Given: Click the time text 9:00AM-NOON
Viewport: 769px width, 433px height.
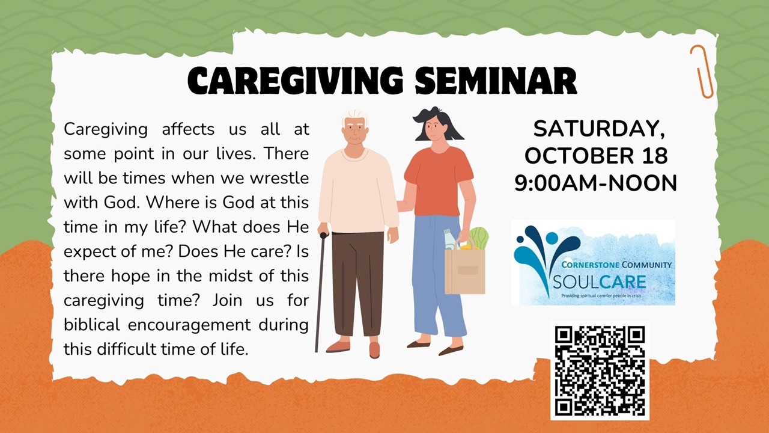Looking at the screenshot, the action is coord(595,183).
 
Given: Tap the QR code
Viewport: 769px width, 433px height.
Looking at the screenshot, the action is coord(600,370).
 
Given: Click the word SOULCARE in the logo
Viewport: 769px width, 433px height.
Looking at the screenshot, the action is coord(600,282).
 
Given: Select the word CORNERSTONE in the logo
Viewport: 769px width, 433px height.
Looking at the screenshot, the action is coord(591,265).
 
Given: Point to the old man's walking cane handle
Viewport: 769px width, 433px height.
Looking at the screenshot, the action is coord(323,235).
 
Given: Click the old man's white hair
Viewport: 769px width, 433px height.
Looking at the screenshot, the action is coord(355,118).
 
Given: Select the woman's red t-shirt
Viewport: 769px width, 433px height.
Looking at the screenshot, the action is coord(438,180).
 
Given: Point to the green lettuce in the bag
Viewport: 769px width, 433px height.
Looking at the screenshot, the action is coord(479,238).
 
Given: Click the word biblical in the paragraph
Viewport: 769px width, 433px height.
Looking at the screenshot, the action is coord(92,325).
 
